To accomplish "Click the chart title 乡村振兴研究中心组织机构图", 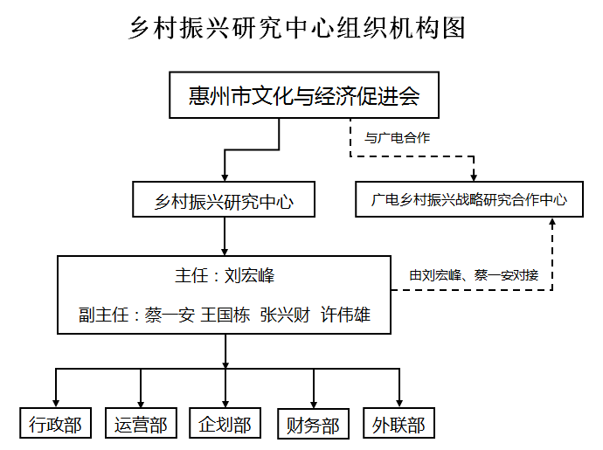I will click(x=296, y=28).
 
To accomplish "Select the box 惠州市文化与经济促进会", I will click(x=303, y=96).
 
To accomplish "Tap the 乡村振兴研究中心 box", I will click(x=224, y=203).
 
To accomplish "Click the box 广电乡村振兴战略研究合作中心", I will click(x=469, y=200).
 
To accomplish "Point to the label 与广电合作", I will click(x=397, y=138).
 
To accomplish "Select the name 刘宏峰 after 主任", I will click(x=249, y=276).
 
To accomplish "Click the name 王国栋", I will click(x=225, y=315).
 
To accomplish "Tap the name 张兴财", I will click(x=285, y=315).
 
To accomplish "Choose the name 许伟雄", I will click(x=344, y=315).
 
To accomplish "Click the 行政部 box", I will click(x=56, y=424).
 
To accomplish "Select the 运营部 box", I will click(x=141, y=424).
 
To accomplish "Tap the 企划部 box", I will click(x=225, y=424).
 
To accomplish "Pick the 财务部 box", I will click(x=312, y=424).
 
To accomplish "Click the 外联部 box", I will click(x=399, y=424).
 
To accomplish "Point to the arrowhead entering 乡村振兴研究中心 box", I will click(x=225, y=177).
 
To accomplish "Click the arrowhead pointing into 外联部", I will click(x=399, y=403).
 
